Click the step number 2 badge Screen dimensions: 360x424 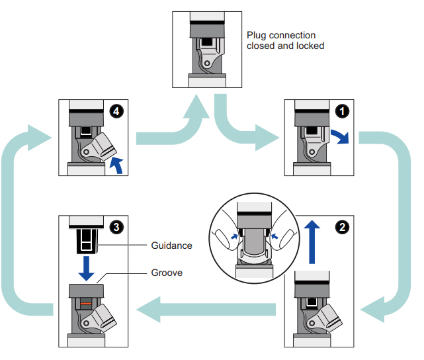(341, 226)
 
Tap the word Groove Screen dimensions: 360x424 (167, 272)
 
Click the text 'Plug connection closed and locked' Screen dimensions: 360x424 (285, 40)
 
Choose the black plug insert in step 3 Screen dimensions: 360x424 (85, 240)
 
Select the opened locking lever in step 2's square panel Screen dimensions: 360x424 (329, 317)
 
